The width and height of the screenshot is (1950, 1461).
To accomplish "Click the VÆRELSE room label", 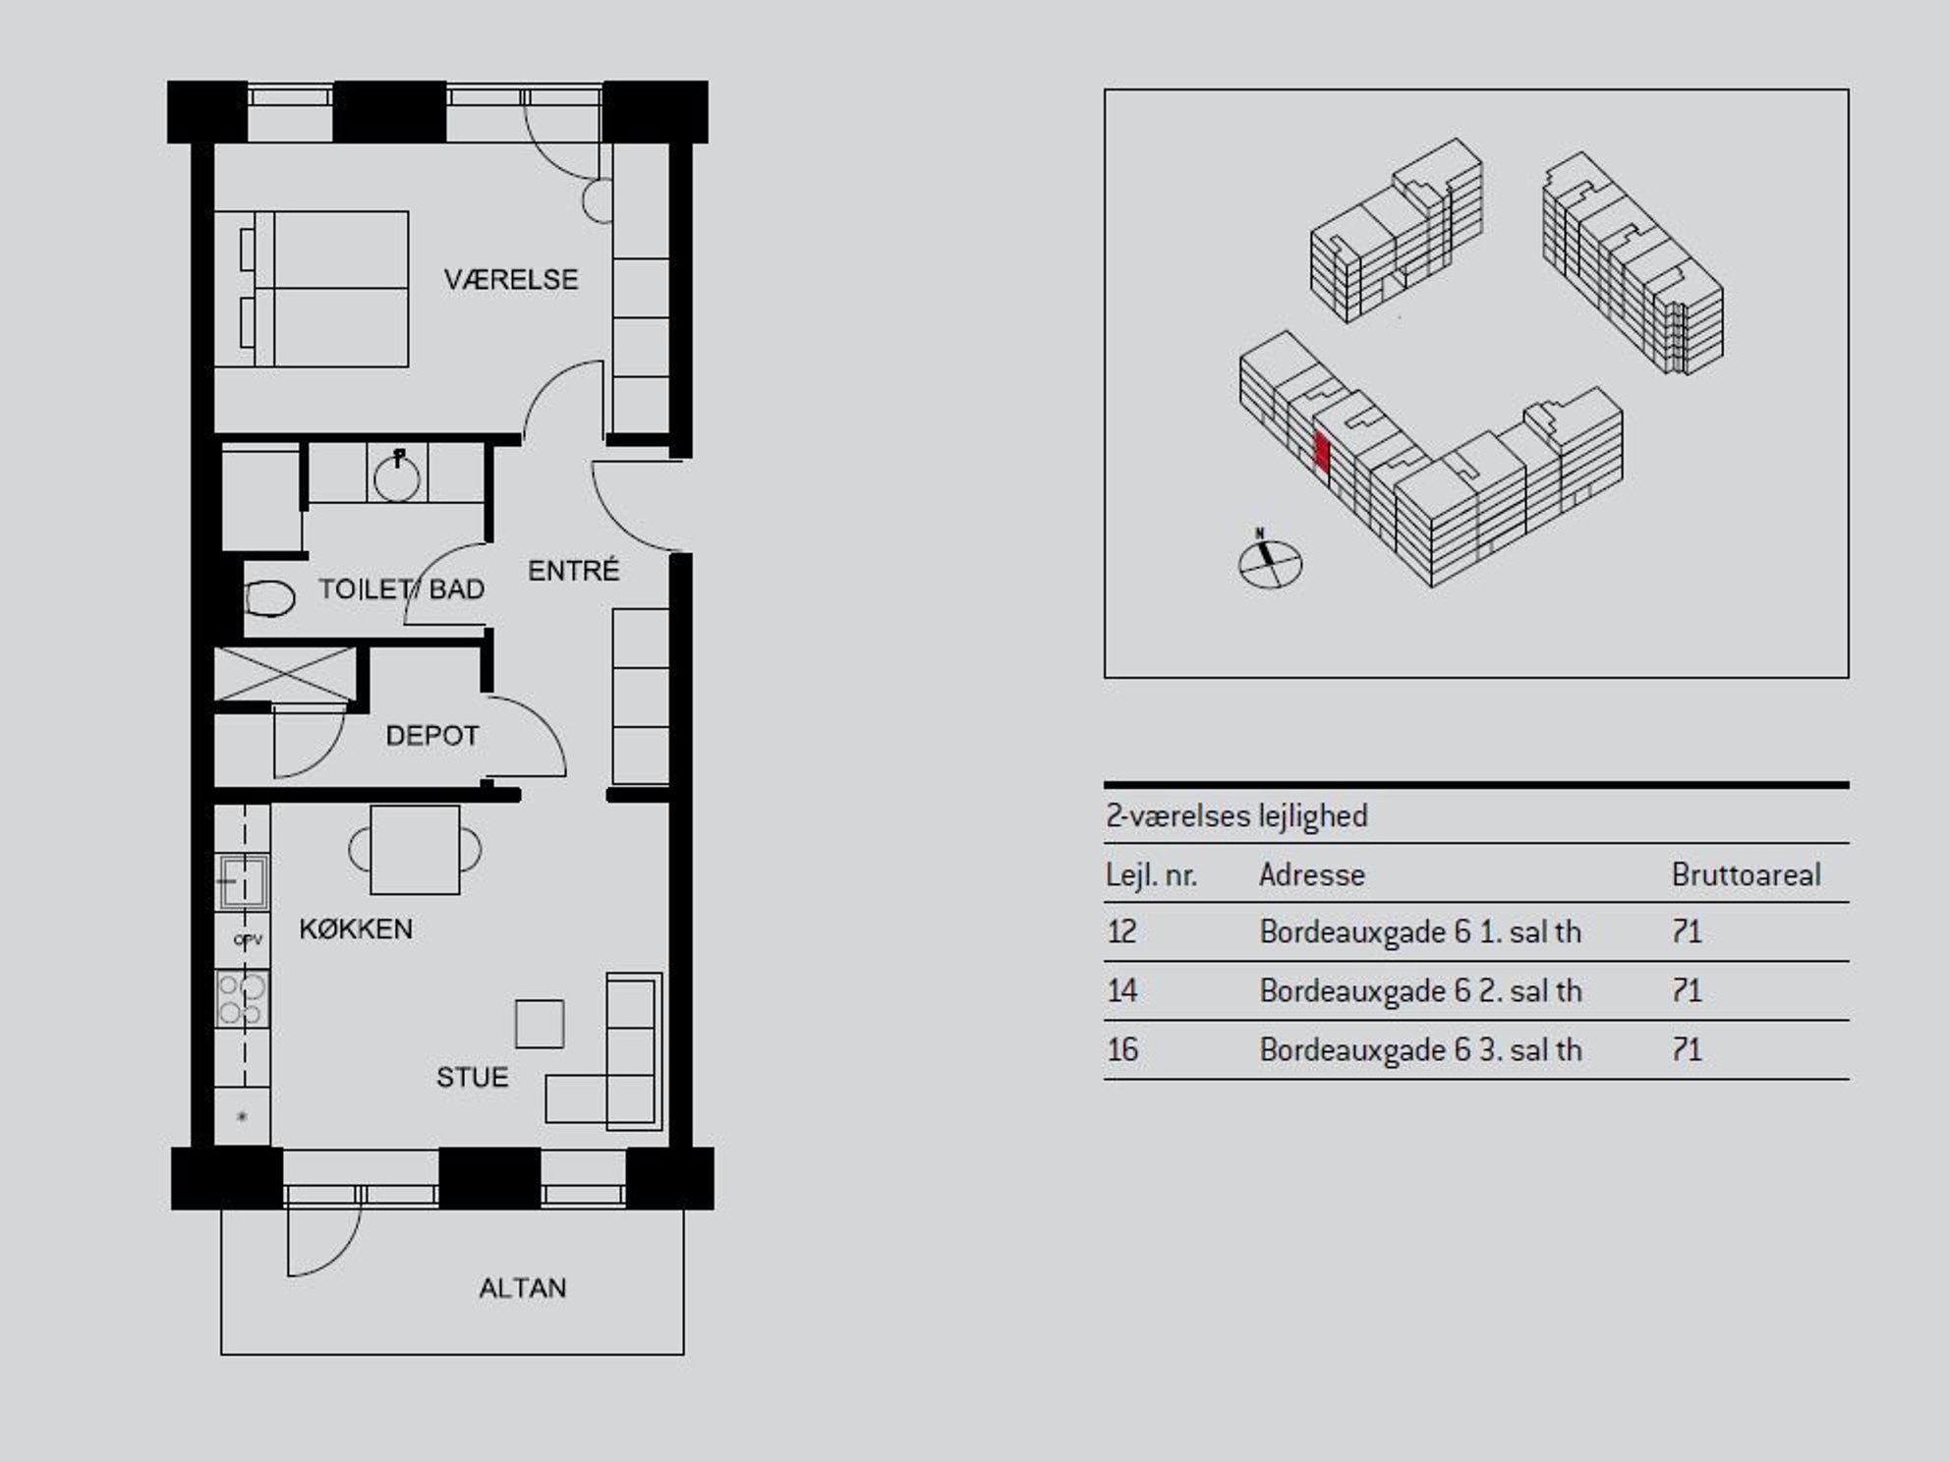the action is coord(510,280).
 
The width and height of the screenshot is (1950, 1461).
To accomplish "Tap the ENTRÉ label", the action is coord(574,570).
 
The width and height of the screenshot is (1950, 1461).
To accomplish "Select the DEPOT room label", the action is coord(432,736).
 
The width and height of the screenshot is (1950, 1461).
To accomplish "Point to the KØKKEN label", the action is coord(356,928).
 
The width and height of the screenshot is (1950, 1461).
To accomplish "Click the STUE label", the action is coord(472,1078).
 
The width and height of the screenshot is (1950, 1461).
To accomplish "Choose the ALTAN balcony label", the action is coord(523,1288).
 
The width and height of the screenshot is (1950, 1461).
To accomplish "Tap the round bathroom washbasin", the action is coord(397,477).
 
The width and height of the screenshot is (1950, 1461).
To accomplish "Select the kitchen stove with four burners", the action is coord(242,998).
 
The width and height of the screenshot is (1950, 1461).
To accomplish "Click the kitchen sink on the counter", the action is coord(242,881).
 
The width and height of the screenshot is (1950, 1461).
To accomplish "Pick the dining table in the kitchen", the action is coord(415,850).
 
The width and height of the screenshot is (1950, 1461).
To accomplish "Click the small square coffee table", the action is coord(540,1024).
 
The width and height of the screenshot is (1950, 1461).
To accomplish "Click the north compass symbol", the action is coord(1269,562).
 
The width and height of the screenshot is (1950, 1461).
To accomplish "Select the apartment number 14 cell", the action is coord(1121,990).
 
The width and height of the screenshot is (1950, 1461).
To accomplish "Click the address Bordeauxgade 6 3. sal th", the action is coord(1420,1050).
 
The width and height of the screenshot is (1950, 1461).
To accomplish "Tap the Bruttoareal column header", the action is coord(1746,874).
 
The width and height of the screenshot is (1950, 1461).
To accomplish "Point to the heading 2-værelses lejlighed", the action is coord(1236,816).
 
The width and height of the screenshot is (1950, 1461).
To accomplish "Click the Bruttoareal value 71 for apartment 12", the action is coord(1686,931).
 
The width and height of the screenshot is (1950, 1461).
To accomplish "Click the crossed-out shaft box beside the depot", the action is coord(285,674).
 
